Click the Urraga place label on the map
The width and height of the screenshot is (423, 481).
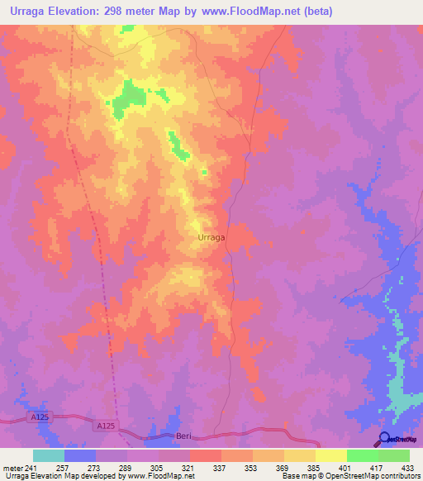212,237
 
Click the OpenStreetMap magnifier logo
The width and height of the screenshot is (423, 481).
384,439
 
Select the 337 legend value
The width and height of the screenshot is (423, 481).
221,467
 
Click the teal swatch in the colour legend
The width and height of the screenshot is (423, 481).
49,455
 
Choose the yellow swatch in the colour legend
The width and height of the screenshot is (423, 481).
330,455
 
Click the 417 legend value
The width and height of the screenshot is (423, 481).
377,467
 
